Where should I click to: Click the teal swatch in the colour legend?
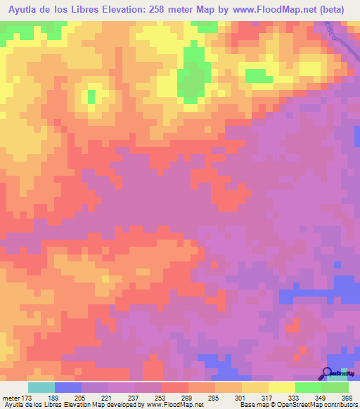[41, 387]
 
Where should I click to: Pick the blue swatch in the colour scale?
[68, 387]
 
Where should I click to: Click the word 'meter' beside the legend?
[11, 397]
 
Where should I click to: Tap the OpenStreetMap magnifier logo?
[327, 373]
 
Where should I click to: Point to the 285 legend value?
[212, 397]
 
